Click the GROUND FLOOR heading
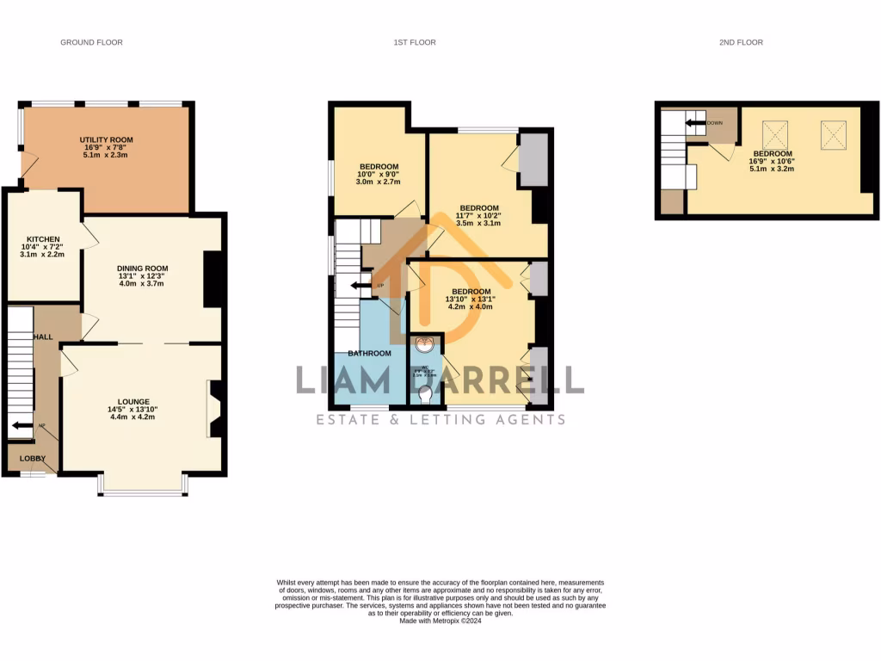(91, 42)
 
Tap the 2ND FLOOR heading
(742, 42)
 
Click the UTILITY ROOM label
(107, 139)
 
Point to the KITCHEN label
(42, 239)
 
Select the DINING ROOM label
(142, 269)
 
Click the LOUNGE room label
(134, 402)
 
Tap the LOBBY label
(33, 459)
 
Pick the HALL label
(43, 337)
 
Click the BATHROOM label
(369, 353)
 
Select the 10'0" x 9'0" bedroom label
(379, 166)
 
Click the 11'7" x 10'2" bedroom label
(479, 208)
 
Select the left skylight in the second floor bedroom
(776, 134)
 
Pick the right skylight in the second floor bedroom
(833, 133)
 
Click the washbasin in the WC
(424, 346)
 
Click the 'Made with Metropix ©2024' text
(440, 621)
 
